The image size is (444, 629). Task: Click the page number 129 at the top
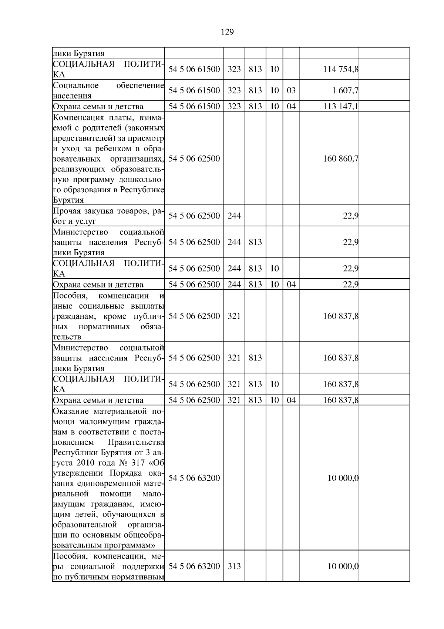[227, 32]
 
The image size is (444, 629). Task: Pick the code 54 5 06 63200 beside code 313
[194, 566]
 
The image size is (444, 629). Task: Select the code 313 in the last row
[234, 566]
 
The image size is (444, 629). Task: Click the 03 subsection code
[291, 90]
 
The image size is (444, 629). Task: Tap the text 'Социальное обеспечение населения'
[108, 91]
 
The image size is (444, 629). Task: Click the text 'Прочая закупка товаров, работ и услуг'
[108, 216]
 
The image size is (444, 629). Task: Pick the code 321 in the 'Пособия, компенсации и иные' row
[234, 316]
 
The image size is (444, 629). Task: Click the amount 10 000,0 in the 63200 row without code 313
[343, 478]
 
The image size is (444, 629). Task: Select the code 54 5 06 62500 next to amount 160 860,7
[194, 159]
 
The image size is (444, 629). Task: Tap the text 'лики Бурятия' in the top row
[78, 53]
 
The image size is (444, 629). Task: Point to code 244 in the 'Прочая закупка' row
[234, 216]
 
